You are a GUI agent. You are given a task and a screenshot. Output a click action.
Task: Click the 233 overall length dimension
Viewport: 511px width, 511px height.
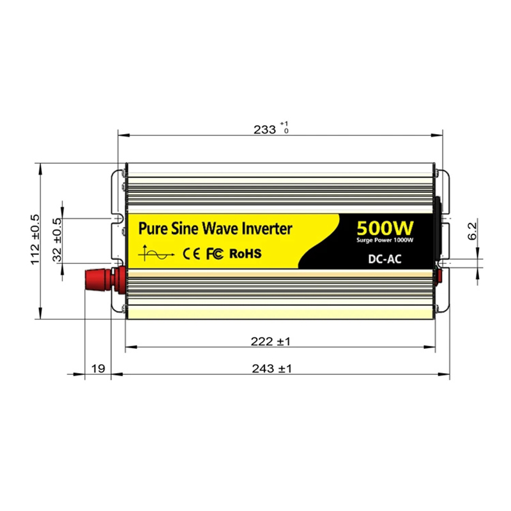tap(264, 130)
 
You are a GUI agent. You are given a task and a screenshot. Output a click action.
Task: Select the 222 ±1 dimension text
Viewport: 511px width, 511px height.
tap(270, 342)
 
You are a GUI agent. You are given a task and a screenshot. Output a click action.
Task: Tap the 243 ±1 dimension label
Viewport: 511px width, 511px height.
tap(272, 369)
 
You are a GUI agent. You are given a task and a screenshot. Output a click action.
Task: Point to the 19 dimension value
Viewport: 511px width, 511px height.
tap(98, 369)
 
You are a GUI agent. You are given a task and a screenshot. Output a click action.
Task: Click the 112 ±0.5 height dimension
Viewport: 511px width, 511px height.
tap(35, 240)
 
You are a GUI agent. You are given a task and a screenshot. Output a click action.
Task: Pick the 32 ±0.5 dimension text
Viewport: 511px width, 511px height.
tap(57, 240)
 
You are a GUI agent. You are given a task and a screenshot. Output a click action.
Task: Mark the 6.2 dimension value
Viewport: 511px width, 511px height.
tap(472, 231)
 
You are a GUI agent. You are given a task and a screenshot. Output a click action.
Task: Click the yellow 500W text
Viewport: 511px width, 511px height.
tap(385, 228)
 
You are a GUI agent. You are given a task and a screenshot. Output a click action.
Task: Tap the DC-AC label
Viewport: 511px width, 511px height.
tap(385, 259)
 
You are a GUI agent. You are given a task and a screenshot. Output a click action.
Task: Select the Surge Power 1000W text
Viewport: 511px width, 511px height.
tap(385, 240)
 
